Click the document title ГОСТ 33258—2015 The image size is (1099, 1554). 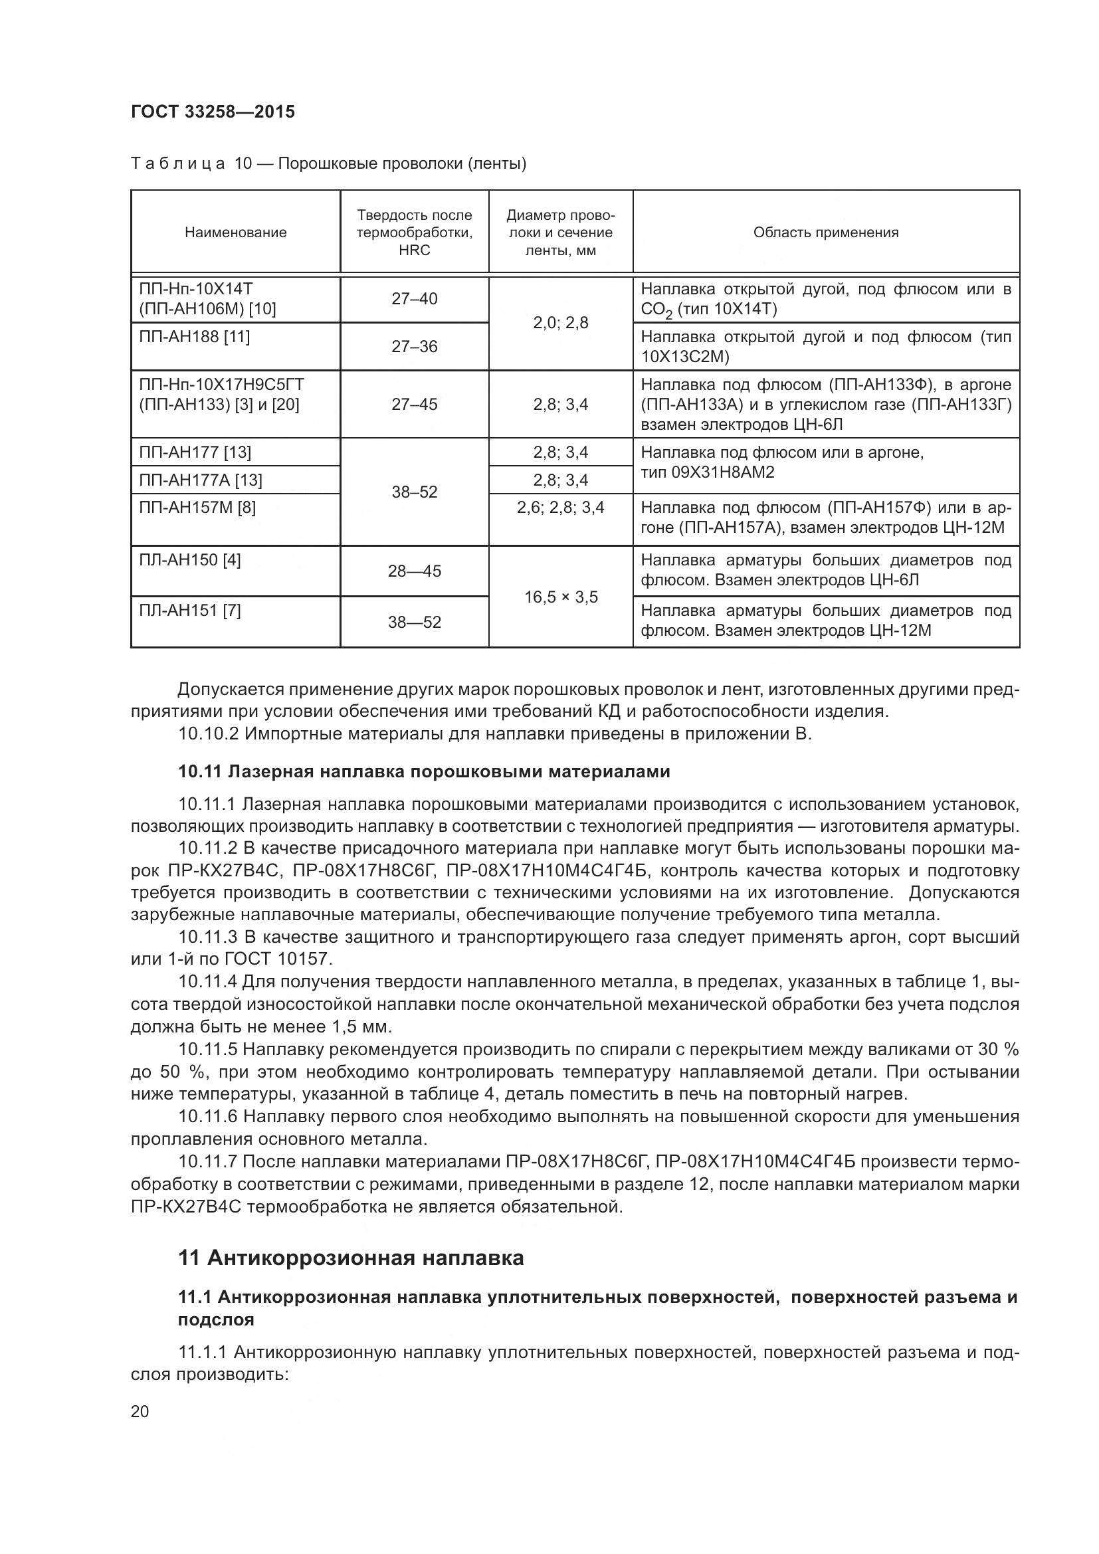point(213,112)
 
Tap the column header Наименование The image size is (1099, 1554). point(235,232)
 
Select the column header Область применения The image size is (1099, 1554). point(826,232)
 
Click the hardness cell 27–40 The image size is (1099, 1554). point(414,298)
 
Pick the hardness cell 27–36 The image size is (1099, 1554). point(414,347)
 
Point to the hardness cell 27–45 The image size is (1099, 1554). point(414,404)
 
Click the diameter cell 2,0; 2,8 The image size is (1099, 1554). point(560,322)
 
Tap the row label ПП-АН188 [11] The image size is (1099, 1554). point(194,336)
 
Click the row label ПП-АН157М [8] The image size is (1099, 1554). point(197,507)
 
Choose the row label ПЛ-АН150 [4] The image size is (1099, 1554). point(189,559)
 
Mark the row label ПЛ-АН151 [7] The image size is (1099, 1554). point(189,611)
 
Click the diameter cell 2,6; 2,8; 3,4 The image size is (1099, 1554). point(560,507)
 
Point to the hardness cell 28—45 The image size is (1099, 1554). point(414,571)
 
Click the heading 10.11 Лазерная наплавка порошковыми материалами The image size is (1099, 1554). point(424,771)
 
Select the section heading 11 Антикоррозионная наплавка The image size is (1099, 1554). point(351,1258)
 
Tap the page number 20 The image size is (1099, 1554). point(140,1411)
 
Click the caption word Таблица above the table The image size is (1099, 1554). point(178,164)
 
